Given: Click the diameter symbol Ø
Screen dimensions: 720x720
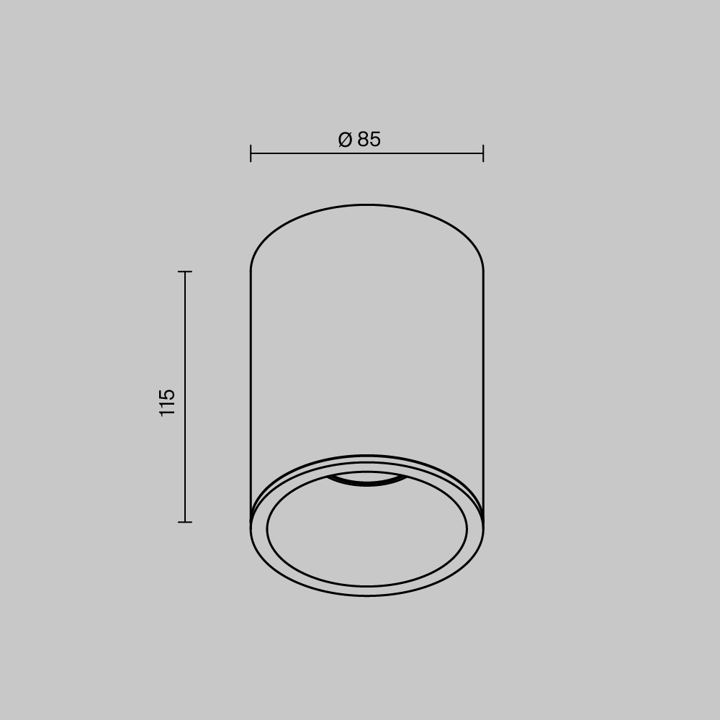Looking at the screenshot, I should [x=345, y=140].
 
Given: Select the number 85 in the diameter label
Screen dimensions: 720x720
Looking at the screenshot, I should [x=369, y=140].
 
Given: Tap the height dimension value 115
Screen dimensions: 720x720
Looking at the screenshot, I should [x=167, y=402].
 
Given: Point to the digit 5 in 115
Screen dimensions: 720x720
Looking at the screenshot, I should [x=167, y=393].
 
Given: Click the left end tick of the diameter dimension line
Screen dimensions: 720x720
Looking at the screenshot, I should [x=251, y=153].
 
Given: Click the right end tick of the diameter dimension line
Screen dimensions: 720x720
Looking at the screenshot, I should [x=483, y=153].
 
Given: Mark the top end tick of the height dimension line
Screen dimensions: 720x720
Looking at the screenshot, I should [x=185, y=271].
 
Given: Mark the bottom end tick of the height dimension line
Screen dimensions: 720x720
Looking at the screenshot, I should [x=185, y=522].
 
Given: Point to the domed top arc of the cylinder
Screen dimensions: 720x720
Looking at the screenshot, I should [x=367, y=205].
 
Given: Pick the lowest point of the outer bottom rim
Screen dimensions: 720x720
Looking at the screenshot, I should [x=367, y=595].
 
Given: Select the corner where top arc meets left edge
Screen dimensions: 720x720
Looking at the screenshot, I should [x=251, y=270].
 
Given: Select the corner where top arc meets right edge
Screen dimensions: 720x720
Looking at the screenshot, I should [x=482, y=270].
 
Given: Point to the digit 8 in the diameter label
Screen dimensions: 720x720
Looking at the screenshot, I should [x=363, y=140].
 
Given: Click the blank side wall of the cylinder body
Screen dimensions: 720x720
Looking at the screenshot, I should [x=367, y=346].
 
